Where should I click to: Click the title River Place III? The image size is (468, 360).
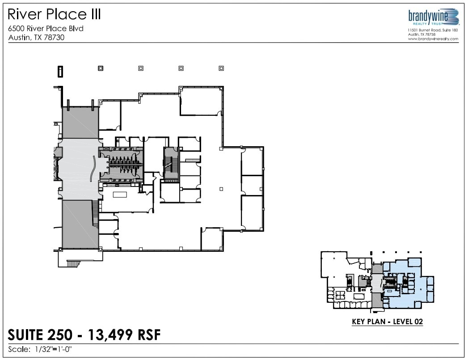click(x=55, y=14)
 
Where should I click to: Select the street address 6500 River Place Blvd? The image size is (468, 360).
click(x=46, y=29)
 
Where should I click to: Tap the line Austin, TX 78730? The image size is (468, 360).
click(x=37, y=38)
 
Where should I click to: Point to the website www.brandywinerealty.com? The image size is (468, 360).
click(x=433, y=39)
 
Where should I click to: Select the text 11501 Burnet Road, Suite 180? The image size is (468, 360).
click(x=433, y=30)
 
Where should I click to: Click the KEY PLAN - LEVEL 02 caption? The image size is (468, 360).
click(x=387, y=321)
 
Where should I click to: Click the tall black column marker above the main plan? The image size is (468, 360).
click(x=60, y=71)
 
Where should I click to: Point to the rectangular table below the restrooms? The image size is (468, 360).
click(x=120, y=195)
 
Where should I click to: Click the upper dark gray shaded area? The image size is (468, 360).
click(x=80, y=122)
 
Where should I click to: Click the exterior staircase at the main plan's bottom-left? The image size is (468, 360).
click(x=73, y=263)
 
